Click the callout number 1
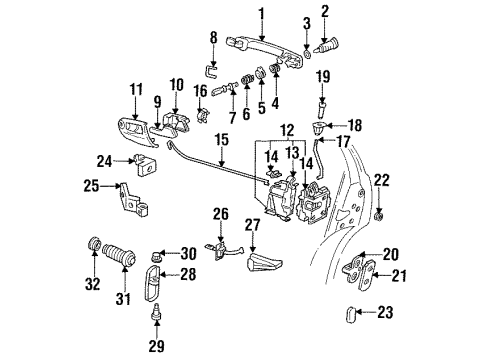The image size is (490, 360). pyautogui.click(x=262, y=14)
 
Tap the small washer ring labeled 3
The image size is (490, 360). pyautogui.click(x=307, y=54)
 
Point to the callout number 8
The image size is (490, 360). pyautogui.click(x=214, y=38)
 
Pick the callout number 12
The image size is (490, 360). pyautogui.click(x=287, y=131)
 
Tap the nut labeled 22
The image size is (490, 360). pyautogui.click(x=379, y=216)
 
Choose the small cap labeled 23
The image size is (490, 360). pyautogui.click(x=351, y=314)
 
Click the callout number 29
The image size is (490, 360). pyautogui.click(x=156, y=346)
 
